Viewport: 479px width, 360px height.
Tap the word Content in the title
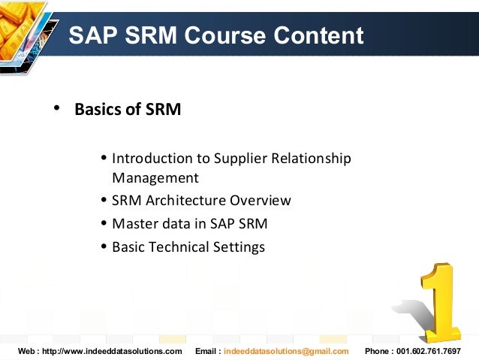click(309, 35)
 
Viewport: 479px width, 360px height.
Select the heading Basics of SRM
click(128, 110)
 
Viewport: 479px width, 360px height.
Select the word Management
click(155, 178)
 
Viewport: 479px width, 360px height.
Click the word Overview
click(261, 201)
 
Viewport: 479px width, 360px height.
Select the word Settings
click(239, 247)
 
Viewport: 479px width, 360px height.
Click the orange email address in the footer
click(286, 351)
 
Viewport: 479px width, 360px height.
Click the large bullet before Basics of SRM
click(56, 109)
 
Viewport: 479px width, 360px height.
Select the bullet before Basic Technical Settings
click(104, 247)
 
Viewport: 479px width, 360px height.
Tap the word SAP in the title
click(91, 35)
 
